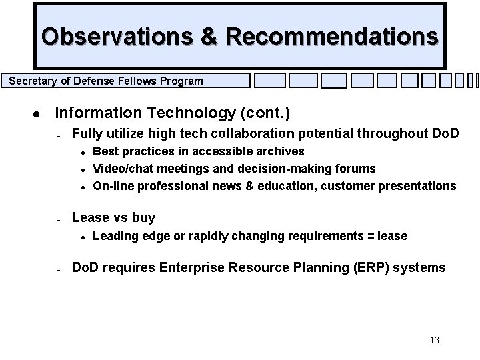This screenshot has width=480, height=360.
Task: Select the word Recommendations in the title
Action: pos(332,36)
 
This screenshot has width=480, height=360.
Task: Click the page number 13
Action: pos(434,341)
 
